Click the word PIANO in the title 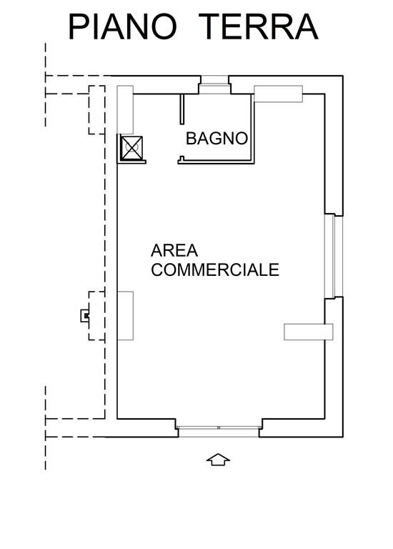(x=122, y=26)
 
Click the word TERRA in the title (x=261, y=26)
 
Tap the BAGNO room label (x=217, y=139)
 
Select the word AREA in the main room (x=174, y=251)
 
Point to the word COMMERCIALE (x=215, y=269)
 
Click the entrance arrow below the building (x=218, y=460)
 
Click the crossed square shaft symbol (x=131, y=148)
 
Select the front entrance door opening (x=219, y=432)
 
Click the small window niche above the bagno (x=214, y=85)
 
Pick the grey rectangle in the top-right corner (x=278, y=94)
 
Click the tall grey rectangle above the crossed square (x=125, y=109)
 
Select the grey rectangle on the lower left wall (x=125, y=315)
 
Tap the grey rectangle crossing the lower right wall (x=308, y=332)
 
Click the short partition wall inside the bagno (x=182, y=109)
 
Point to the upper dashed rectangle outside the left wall (x=96, y=110)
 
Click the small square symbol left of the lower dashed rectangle (x=85, y=316)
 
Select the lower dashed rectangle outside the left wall (x=96, y=315)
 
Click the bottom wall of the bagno (x=216, y=162)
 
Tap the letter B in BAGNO (x=191, y=139)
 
